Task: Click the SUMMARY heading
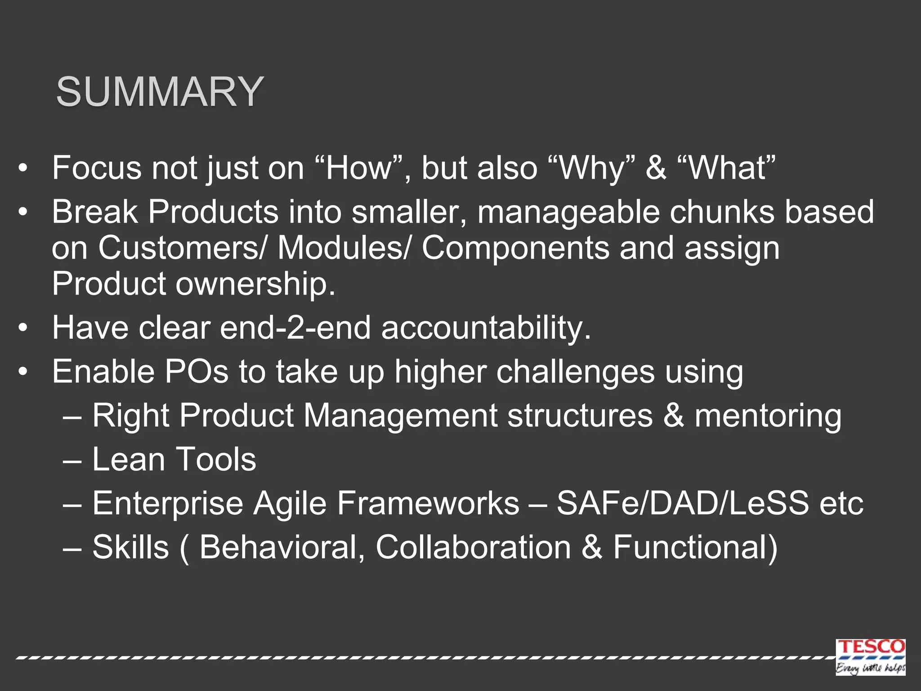(160, 92)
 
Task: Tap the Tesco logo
(870, 656)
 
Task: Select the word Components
(515, 248)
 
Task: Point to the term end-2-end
(295, 328)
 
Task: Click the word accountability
(486, 328)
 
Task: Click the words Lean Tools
(174, 459)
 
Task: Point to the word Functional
(695, 547)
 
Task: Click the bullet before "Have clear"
(23, 328)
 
